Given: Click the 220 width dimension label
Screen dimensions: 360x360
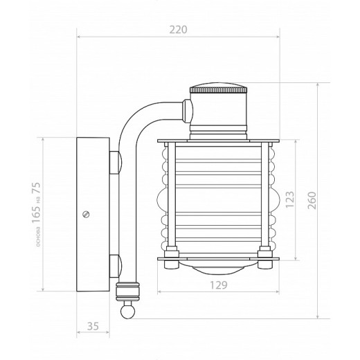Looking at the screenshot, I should (178, 29).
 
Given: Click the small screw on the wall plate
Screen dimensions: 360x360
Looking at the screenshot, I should (86, 215).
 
